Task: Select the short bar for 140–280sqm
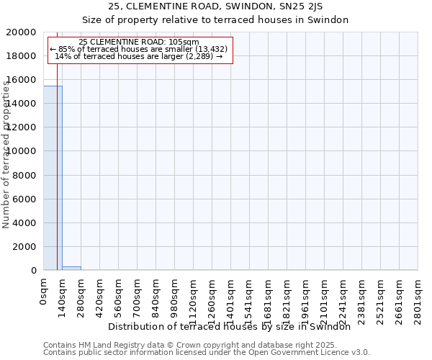[x=71, y=268]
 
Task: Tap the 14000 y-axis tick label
[x=25, y=104]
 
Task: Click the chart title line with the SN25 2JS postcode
[x=215, y=6]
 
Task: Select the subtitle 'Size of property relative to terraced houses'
[x=215, y=20]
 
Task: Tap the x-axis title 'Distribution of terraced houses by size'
[x=234, y=326]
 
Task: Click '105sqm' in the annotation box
[x=184, y=42]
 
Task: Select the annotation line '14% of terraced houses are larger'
[x=139, y=56]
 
